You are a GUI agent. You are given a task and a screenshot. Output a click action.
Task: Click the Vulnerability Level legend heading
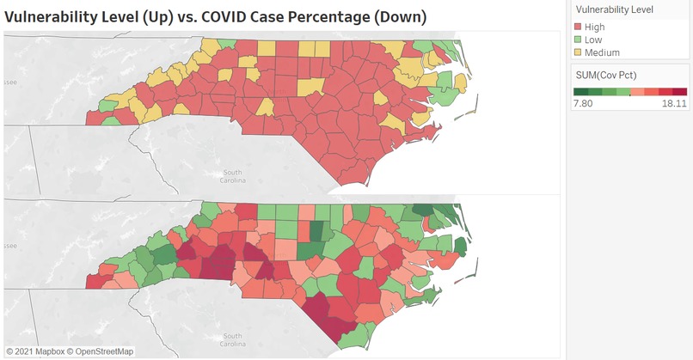pyautogui.click(x=614, y=9)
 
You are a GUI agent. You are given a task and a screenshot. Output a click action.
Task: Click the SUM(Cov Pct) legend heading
pyautogui.click(x=605, y=75)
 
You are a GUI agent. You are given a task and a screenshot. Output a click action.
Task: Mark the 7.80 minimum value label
pyautogui.click(x=584, y=104)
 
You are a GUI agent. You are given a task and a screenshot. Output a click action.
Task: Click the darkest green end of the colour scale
pyautogui.click(x=581, y=91)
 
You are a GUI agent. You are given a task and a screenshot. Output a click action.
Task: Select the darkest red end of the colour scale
pyautogui.click(x=680, y=91)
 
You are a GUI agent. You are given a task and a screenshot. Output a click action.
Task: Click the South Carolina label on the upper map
pyautogui.click(x=234, y=177)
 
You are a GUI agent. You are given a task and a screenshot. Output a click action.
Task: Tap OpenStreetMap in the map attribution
pyautogui.click(x=106, y=351)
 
